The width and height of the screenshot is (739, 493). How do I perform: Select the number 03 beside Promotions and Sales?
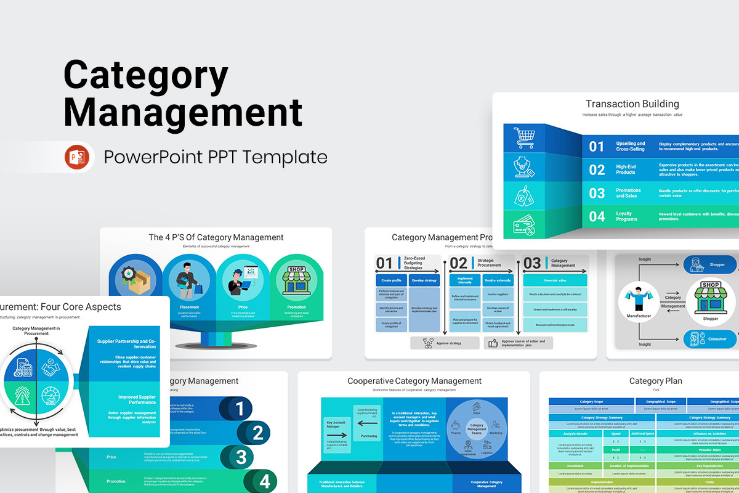point(597,193)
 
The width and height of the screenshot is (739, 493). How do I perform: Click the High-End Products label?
point(626,169)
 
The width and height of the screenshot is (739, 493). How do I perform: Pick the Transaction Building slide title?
point(632,104)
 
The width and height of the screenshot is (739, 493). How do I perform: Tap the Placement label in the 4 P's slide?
point(189,307)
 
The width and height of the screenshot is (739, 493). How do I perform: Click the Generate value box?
point(555,280)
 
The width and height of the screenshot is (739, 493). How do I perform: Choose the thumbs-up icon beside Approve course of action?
point(492,343)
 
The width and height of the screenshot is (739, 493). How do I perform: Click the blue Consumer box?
point(709,338)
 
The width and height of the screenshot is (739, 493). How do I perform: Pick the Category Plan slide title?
point(655,381)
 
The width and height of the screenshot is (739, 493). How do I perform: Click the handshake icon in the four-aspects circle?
point(50,368)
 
